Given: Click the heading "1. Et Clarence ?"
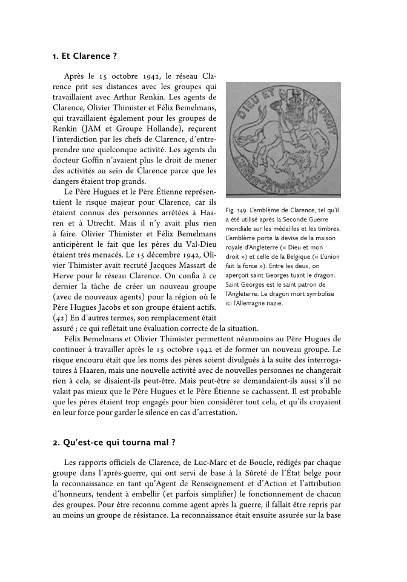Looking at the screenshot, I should pos(84,56).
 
